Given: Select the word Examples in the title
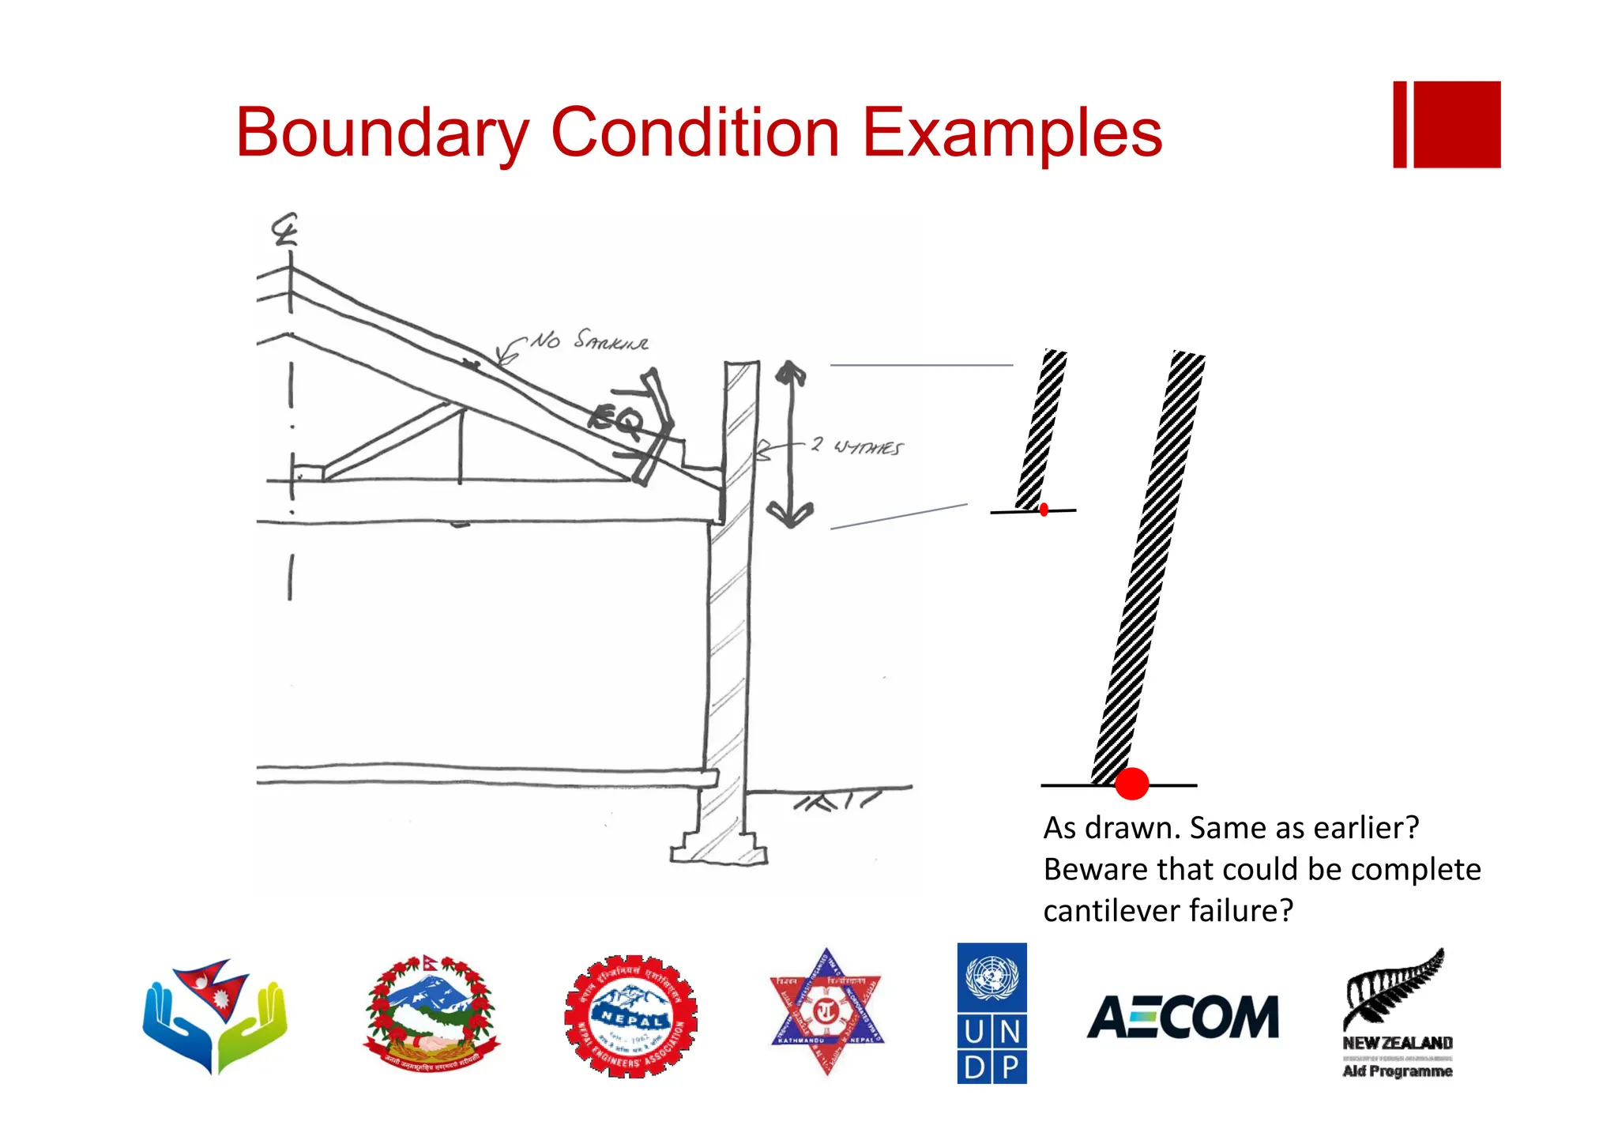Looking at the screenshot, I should [x=1012, y=133].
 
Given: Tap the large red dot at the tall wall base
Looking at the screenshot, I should [x=1131, y=784].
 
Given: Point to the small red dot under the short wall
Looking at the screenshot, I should [x=1044, y=510].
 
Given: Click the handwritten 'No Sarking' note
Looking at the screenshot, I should [x=589, y=341].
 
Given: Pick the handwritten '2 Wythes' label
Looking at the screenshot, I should [x=857, y=446].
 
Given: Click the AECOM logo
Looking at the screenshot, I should [x=1182, y=1017].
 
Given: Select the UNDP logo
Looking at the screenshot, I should [x=991, y=1013].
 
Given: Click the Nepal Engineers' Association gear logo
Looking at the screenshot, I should [x=630, y=1016].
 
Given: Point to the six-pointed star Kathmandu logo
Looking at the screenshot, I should [x=826, y=1011].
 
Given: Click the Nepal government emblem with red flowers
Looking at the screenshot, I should [x=431, y=1013].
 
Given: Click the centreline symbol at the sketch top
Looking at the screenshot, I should [x=284, y=229].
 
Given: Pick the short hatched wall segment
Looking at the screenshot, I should [x=1041, y=430].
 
